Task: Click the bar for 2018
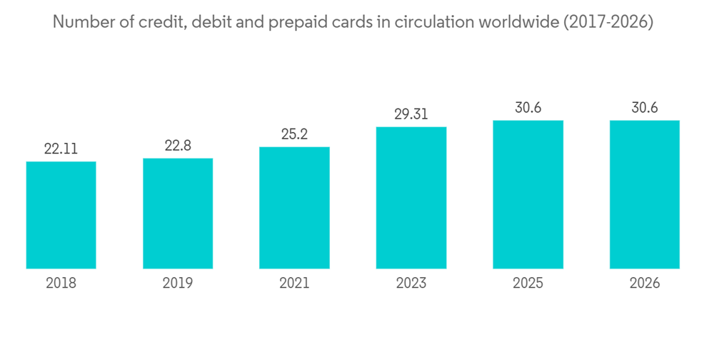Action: coord(61,215)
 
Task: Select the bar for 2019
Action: coord(178,214)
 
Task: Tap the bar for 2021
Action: coord(294,208)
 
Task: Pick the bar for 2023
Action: coord(411,198)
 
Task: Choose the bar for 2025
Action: coord(528,194)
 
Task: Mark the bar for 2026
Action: coord(644,194)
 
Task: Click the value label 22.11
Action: coord(61,149)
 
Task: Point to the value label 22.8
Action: coord(178,146)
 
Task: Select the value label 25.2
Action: coord(294,134)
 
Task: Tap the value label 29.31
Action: coord(411,114)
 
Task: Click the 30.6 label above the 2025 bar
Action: coord(528,108)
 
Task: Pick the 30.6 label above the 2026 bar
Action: coord(644,108)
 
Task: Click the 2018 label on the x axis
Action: coord(61,284)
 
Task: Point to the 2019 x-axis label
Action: coord(178,284)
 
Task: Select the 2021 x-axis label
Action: coord(294,284)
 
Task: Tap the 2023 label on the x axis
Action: coord(411,284)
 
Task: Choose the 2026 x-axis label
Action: coord(644,284)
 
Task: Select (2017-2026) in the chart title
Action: coord(608,23)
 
